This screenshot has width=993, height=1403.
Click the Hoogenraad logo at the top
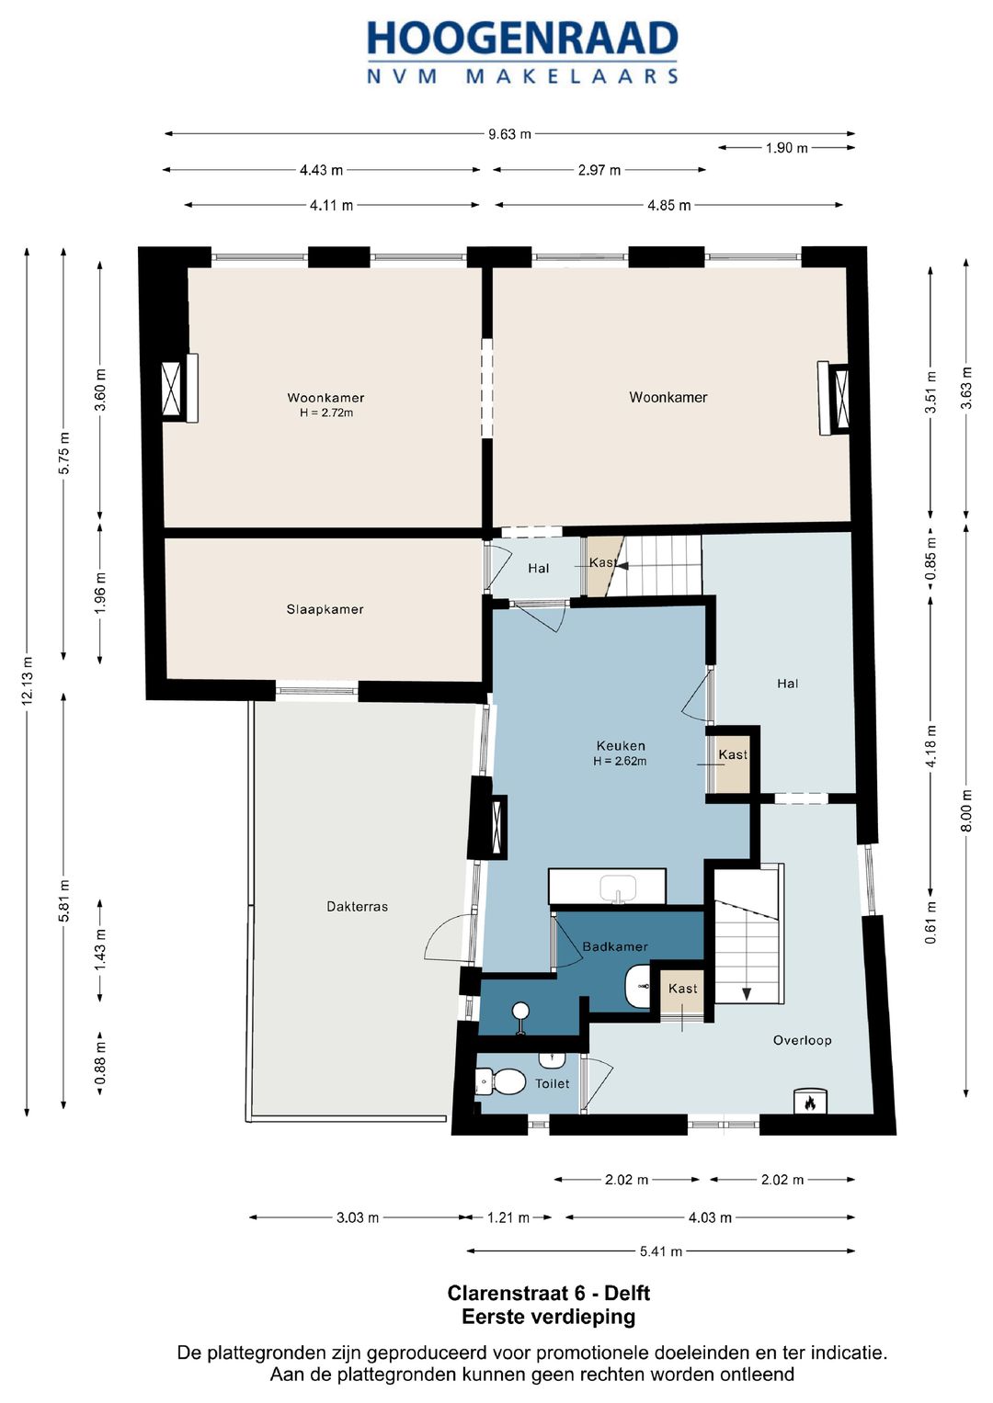pyautogui.click(x=522, y=52)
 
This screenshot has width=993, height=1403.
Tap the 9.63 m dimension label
pyautogui.click(x=509, y=134)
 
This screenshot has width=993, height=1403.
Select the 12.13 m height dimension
pyautogui.click(x=27, y=681)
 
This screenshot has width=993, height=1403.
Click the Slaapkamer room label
pyautogui.click(x=325, y=609)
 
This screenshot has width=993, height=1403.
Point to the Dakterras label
pyautogui.click(x=358, y=906)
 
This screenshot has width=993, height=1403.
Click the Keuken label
pyautogui.click(x=621, y=746)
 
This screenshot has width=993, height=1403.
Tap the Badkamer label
pyautogui.click(x=615, y=946)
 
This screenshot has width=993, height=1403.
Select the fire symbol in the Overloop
pyautogui.click(x=810, y=1103)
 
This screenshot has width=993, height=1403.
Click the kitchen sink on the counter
pyautogui.click(x=618, y=888)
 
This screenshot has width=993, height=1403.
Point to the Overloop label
pyautogui.click(x=802, y=1040)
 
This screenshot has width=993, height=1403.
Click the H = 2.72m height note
pyautogui.click(x=326, y=413)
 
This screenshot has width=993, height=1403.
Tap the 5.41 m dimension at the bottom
pyautogui.click(x=661, y=1251)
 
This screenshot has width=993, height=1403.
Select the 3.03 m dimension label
pyautogui.click(x=358, y=1217)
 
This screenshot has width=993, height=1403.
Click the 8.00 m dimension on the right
pyautogui.click(x=966, y=810)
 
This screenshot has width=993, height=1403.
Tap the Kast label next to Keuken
pyautogui.click(x=733, y=754)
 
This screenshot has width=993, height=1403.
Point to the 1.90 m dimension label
pyautogui.click(x=787, y=149)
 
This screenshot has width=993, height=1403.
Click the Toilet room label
pyautogui.click(x=553, y=1083)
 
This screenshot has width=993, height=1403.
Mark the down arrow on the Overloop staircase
pyautogui.click(x=747, y=994)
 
